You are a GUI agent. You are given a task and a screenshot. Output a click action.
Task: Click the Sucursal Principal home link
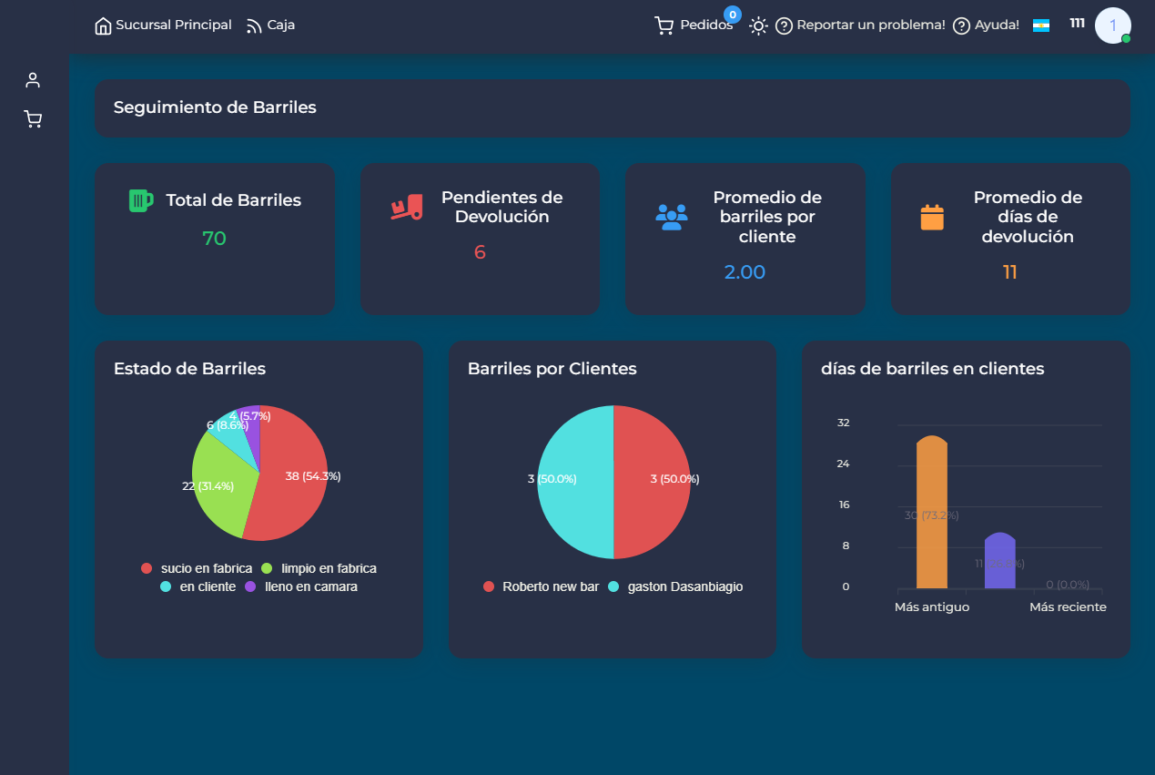click(164, 25)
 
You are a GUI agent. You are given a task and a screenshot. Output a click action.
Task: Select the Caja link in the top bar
click(270, 25)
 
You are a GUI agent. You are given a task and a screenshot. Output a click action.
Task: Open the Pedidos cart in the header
click(694, 25)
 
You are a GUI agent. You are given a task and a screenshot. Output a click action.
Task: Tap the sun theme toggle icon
click(758, 25)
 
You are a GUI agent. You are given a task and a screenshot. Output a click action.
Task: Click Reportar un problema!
click(860, 25)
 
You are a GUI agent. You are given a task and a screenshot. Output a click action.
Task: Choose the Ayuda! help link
click(986, 25)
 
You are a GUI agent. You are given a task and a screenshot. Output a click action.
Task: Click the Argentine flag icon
click(1041, 25)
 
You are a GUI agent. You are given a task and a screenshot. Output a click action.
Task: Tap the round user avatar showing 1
click(1112, 25)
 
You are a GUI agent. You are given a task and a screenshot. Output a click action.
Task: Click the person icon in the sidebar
click(34, 80)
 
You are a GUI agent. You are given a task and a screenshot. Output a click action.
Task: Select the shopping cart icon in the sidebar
click(34, 119)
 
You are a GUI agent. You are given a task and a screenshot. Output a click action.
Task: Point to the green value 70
click(214, 239)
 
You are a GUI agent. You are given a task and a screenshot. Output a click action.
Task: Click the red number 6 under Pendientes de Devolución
click(480, 252)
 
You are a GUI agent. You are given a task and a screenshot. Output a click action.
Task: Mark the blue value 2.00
click(745, 272)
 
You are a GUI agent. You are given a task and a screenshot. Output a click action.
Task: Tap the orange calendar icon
click(932, 218)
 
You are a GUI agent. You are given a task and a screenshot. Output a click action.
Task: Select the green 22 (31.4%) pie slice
click(218, 487)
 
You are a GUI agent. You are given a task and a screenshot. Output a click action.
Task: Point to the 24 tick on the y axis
click(843, 464)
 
